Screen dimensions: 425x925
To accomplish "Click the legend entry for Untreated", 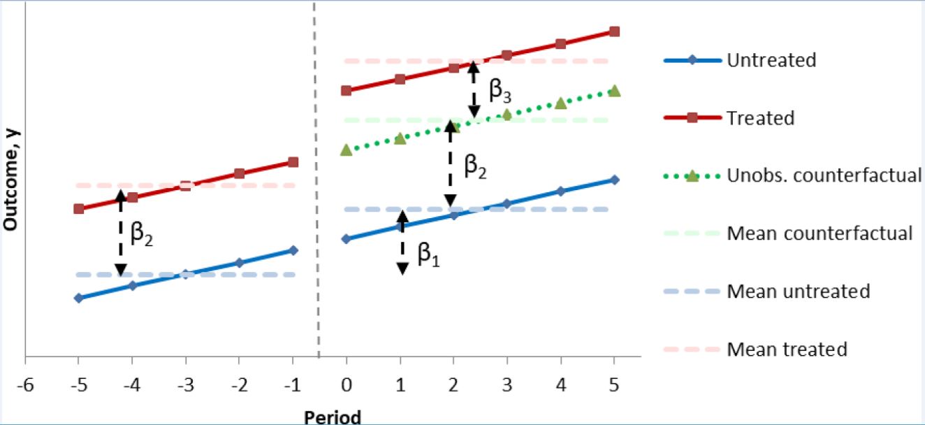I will tap(771, 60).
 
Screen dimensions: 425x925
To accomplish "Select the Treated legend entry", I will tap(760, 118).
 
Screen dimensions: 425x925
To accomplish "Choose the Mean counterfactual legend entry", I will tap(820, 233).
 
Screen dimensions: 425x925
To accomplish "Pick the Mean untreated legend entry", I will tap(798, 291).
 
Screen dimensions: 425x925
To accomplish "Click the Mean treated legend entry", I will tap(787, 349).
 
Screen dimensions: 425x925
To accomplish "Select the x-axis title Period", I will tap(332, 417).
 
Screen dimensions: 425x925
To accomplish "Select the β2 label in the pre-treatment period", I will tap(142, 236).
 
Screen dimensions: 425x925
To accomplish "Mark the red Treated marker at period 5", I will tap(614, 31).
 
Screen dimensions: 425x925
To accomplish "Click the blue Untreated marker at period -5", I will tap(78, 298).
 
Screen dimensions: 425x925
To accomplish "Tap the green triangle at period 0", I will tap(346, 150).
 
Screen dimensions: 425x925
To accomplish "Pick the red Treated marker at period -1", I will tap(293, 162).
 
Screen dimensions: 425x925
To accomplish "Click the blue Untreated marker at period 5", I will tap(614, 180).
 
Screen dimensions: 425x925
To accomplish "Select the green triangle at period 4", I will tap(560, 103).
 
